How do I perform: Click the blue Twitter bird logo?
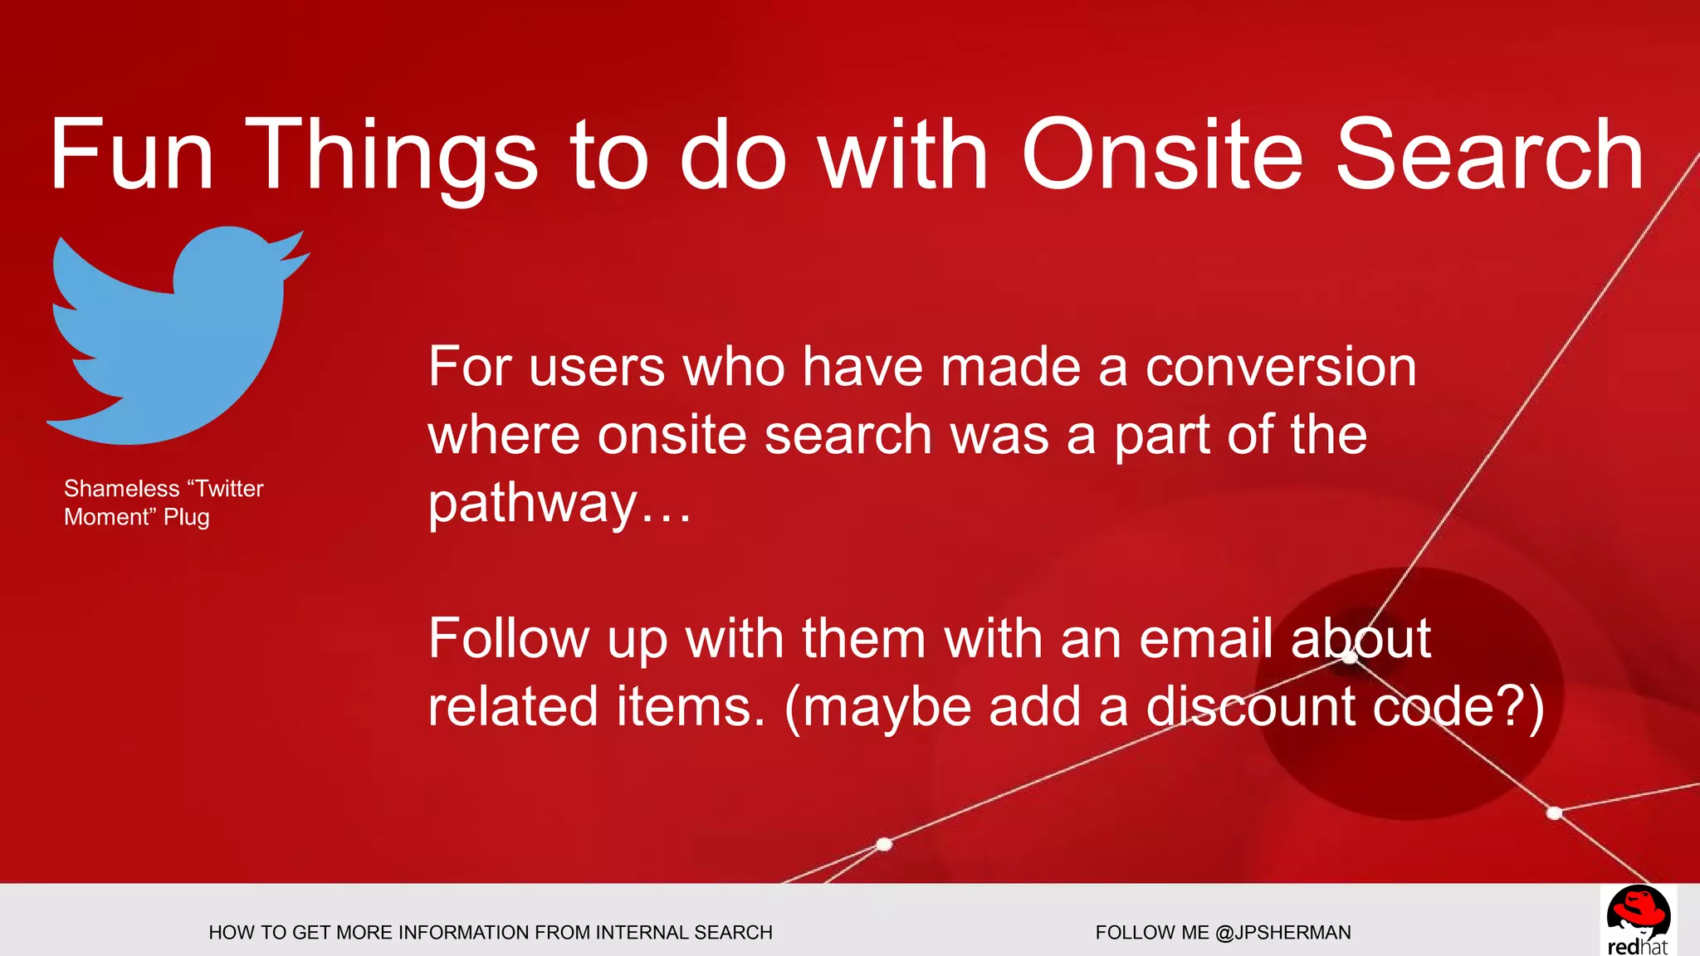point(174,340)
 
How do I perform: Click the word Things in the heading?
point(390,155)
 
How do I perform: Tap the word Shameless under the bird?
point(122,489)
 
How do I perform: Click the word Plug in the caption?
point(187,517)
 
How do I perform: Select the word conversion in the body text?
point(1281,367)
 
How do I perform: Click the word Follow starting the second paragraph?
point(508,639)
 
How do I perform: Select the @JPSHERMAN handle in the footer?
point(1282,933)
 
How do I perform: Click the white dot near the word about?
point(1351,658)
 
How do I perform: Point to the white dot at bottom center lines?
point(884,844)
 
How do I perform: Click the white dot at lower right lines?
point(1555,813)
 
